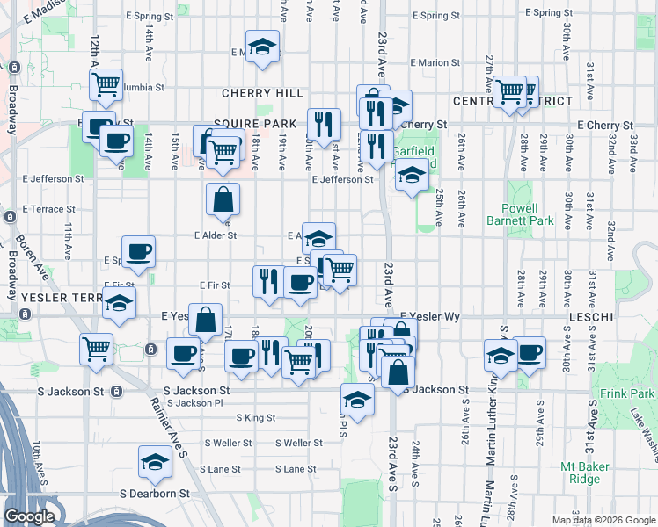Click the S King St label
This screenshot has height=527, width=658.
(x=255, y=418)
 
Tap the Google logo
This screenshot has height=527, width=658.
(x=29, y=516)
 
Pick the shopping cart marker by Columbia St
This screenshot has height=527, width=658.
(x=106, y=84)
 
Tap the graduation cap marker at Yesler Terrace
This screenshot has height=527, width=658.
(x=119, y=304)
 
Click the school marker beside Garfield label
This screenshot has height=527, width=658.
(x=412, y=175)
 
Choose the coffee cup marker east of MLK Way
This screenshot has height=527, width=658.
(x=530, y=353)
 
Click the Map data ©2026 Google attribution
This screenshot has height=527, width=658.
(x=603, y=520)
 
